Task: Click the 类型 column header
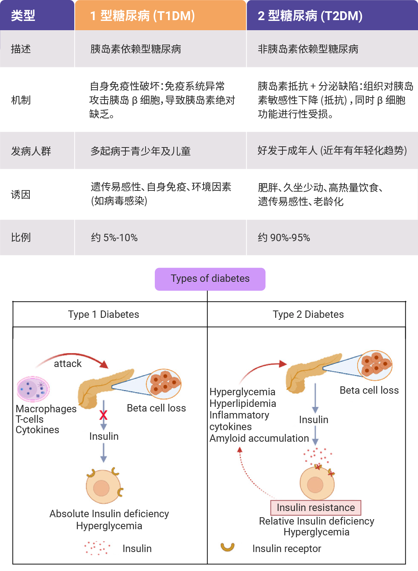(23, 15)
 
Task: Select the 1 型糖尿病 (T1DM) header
(142, 15)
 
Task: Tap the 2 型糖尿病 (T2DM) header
(310, 15)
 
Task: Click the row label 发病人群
(31, 151)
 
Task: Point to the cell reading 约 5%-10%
(115, 237)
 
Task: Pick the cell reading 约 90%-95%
(284, 237)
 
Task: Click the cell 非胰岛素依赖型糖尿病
(308, 49)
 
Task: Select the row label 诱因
(21, 194)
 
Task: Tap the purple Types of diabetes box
(210, 279)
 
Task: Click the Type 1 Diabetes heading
(103, 314)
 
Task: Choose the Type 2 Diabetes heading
(308, 314)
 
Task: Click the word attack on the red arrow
(68, 364)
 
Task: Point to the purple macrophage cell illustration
(33, 389)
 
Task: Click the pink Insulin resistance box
(315, 508)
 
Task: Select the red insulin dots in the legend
(97, 548)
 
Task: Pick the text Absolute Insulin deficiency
(109, 514)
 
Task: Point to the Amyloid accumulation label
(259, 439)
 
